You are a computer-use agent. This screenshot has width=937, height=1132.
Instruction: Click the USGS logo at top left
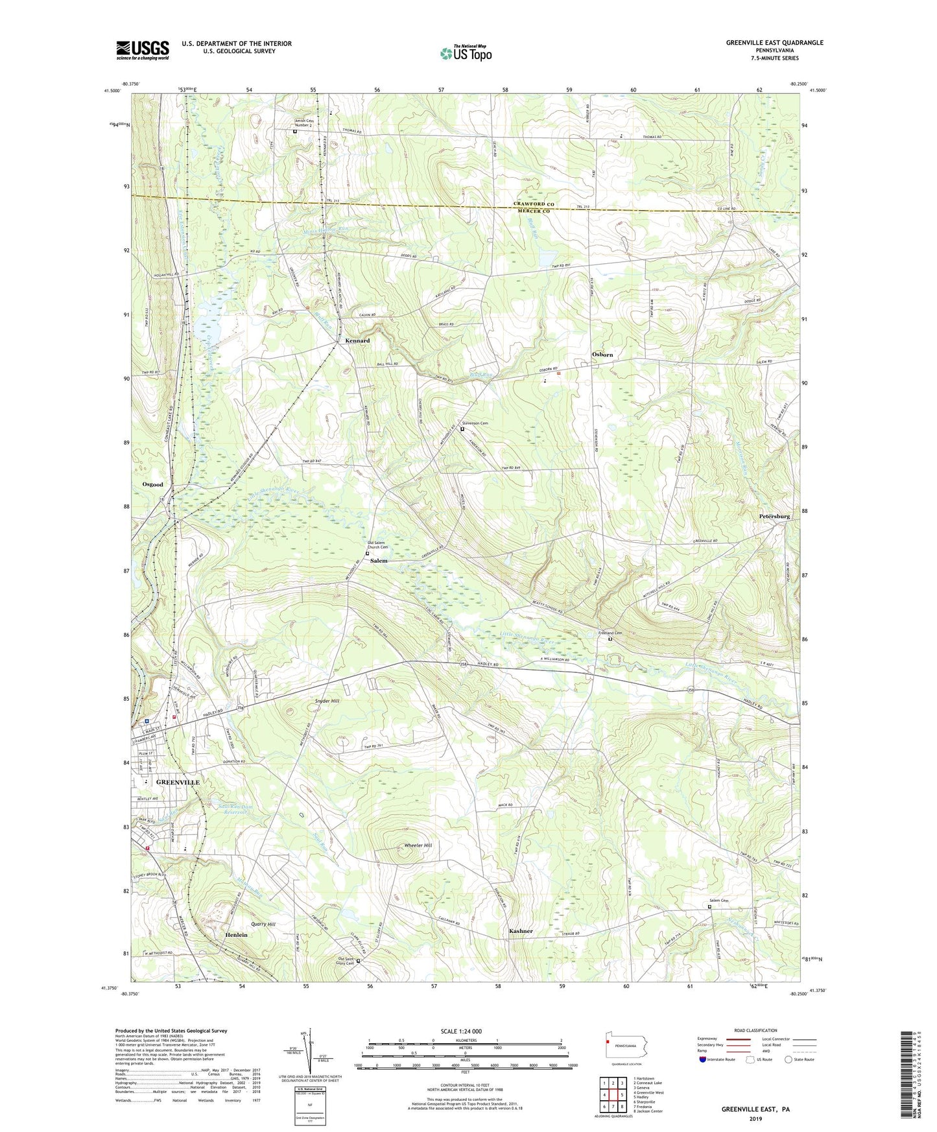click(143, 50)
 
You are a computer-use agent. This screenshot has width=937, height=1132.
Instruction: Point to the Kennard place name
click(357, 340)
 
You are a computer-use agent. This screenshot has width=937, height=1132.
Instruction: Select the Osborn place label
click(602, 355)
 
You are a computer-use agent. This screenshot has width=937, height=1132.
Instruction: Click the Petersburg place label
click(774, 517)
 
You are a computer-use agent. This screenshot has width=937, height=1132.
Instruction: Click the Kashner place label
click(521, 931)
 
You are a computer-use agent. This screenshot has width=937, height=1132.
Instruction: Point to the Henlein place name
click(236, 935)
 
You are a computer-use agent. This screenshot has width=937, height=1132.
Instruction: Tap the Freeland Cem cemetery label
click(610, 633)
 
